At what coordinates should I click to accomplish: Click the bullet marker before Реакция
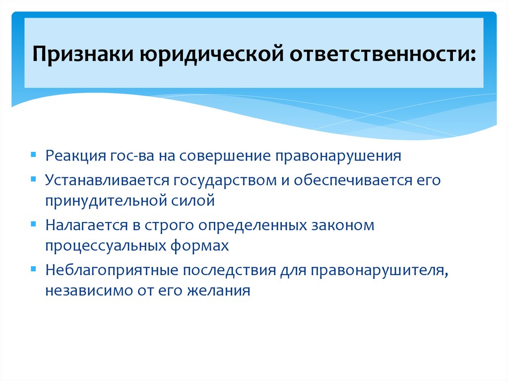33,155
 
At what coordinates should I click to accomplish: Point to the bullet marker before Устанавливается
33,178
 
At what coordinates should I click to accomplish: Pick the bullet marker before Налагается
33,224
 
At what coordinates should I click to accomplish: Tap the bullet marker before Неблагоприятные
33,268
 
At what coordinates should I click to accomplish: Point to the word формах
207,246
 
